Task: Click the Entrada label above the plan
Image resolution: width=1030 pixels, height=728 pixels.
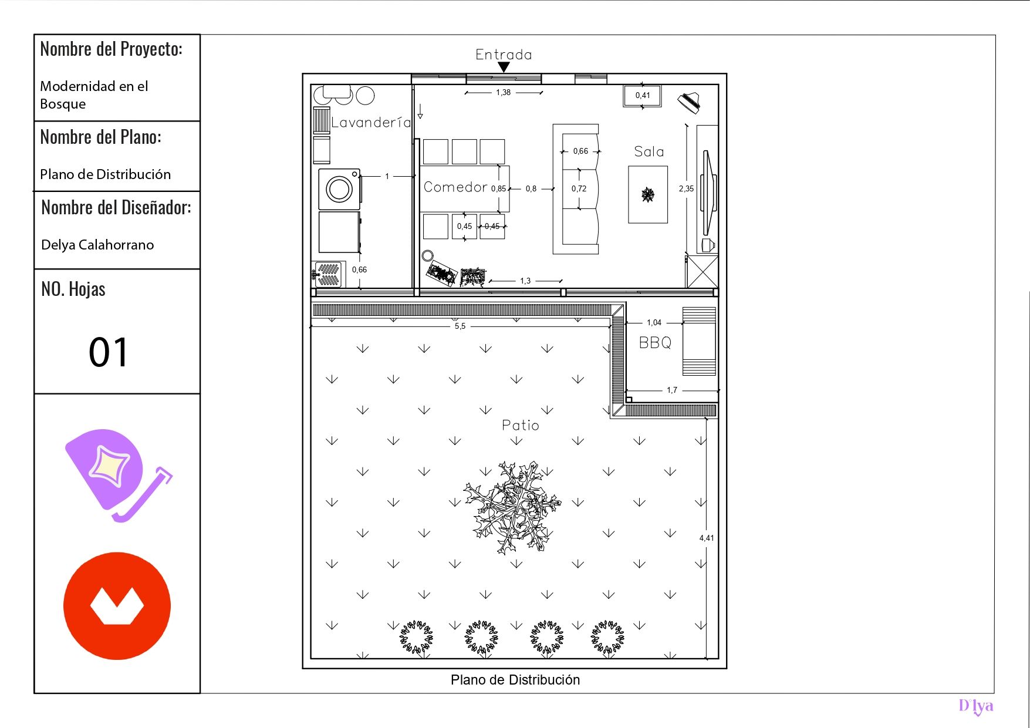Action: pos(504,55)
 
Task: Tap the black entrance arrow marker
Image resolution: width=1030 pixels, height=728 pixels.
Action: pos(504,68)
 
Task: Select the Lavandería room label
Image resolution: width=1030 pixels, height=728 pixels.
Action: pos(371,122)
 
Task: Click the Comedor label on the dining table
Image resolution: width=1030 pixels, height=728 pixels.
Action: pos(455,187)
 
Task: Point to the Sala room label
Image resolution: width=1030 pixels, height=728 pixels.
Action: pos(649,151)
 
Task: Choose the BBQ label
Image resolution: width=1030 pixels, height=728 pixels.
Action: pos(655,342)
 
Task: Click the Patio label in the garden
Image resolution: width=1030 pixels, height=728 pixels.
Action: pos(521,425)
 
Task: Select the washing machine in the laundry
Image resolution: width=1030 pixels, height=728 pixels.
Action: pos(340,189)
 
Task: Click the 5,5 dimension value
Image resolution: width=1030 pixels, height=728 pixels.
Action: pos(460,326)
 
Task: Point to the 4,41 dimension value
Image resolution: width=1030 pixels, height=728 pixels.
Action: pos(707,538)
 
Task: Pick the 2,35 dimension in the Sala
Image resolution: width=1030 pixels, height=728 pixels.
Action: pos(686,188)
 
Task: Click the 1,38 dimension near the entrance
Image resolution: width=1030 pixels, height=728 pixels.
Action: pos(503,92)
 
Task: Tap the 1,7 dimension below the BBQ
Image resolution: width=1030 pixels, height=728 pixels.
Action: pos(672,390)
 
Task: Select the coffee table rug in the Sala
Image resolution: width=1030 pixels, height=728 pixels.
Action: pos(648,194)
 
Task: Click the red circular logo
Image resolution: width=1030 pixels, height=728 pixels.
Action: pos(117,606)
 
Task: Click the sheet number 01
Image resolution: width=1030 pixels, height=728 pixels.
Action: pos(108,352)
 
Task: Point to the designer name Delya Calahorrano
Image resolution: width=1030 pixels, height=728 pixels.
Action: pos(97,245)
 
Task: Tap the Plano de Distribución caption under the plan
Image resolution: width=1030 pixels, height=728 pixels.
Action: pos(515,680)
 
